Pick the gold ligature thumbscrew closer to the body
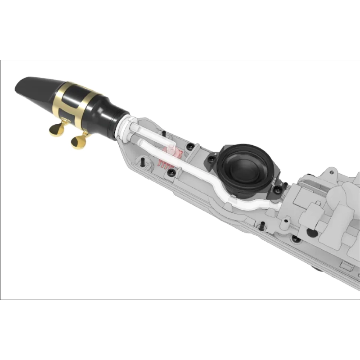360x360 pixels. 77,141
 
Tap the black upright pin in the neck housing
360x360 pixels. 143,161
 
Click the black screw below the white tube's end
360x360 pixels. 284,220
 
